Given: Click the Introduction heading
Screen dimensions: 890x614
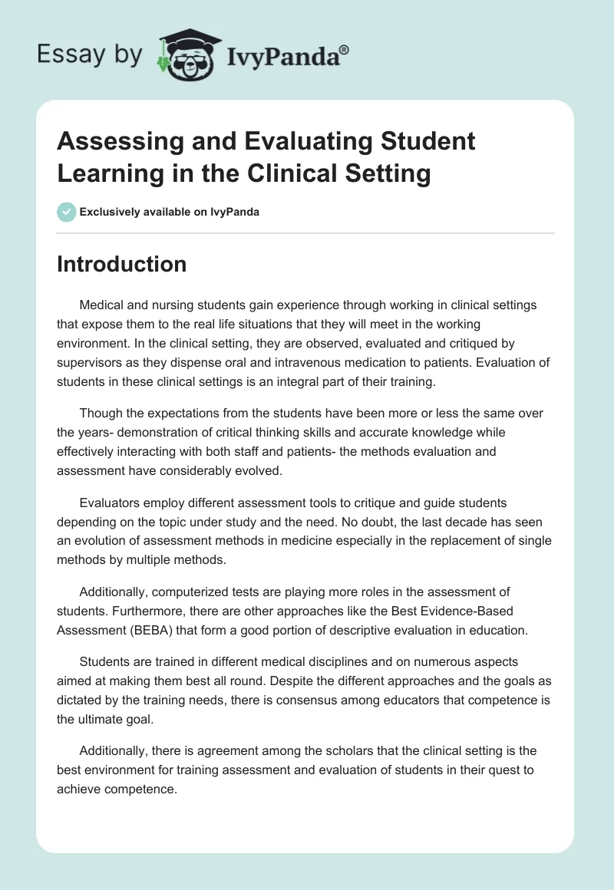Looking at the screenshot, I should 122,264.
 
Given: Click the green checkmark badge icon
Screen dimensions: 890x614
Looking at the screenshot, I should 67,212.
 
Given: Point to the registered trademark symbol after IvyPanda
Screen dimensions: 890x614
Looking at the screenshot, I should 345,50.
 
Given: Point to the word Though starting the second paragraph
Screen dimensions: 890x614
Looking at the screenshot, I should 99,414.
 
